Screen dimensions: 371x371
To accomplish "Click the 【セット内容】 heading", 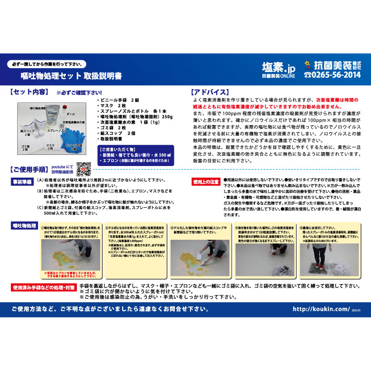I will click(29, 92).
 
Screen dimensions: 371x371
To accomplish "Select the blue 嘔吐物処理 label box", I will click(24, 225).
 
